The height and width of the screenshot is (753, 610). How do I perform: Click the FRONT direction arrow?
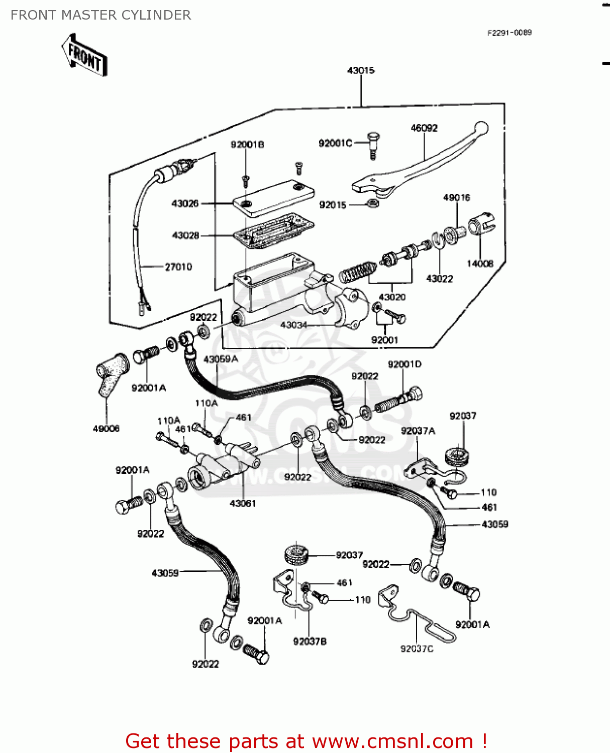coord(84,55)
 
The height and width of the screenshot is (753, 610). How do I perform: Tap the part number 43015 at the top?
coord(361,70)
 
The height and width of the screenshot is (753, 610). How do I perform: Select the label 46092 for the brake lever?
coord(424,128)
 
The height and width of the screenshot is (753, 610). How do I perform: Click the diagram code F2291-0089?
coord(509,33)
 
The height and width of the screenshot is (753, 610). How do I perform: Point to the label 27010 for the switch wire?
coord(178,267)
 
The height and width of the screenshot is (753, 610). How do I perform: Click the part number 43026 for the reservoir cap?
coord(185,203)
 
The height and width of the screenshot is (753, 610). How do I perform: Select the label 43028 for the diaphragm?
coord(185,235)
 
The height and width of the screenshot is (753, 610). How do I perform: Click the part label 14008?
coord(480,264)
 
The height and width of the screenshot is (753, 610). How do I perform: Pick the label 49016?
coord(456,197)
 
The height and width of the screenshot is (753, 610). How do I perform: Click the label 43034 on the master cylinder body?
coord(293,325)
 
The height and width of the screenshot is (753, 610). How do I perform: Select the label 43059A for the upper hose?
coord(221,359)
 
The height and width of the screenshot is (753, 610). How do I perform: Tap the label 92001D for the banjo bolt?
coord(404,364)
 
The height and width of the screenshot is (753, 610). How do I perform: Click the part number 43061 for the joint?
coord(243,504)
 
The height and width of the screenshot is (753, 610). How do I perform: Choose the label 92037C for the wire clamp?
coord(417,649)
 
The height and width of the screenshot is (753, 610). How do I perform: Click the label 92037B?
coord(310,641)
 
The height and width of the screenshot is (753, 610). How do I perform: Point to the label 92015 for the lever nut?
coord(333,205)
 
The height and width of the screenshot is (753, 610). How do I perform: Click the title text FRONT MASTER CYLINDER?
coord(100,15)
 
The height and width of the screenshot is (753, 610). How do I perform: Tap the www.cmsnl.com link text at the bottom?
coord(392,741)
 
